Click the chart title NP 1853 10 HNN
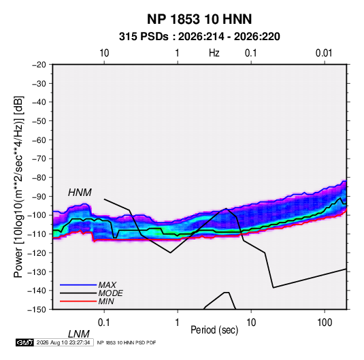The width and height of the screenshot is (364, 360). click(199, 19)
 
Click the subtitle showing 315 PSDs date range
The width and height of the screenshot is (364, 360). click(199, 37)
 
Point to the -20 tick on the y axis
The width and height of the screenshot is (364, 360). click(39, 65)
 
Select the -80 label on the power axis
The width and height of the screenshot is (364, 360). click(39, 178)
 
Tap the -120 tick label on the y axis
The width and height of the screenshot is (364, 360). click(37, 252)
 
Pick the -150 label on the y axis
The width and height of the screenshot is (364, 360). click(37, 310)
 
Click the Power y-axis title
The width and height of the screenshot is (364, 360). click(18, 187)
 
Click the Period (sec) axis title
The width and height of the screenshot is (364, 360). click(214, 330)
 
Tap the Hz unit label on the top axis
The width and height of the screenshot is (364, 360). click(214, 53)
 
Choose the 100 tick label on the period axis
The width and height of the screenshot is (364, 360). click(325, 323)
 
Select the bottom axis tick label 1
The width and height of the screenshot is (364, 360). click(178, 323)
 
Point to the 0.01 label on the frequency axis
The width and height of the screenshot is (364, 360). click(324, 53)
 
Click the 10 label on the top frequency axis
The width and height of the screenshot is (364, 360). click(104, 53)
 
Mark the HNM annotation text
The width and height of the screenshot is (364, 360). click(80, 193)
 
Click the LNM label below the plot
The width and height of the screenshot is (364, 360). click(79, 334)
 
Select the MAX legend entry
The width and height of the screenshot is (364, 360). click(107, 285)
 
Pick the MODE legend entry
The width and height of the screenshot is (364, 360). click(110, 293)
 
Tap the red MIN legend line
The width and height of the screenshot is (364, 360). click(78, 301)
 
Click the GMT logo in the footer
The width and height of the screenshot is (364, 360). click(25, 342)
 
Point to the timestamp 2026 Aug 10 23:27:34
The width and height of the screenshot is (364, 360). click(63, 342)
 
